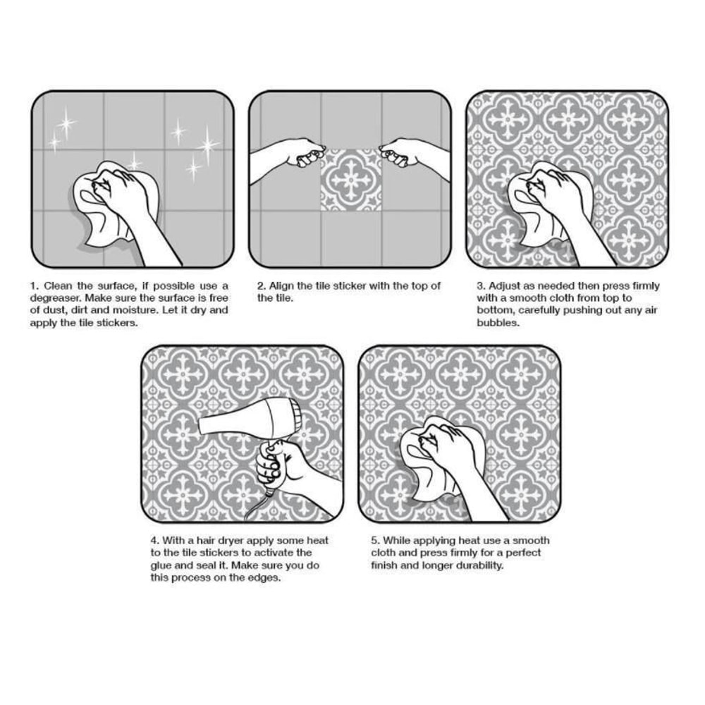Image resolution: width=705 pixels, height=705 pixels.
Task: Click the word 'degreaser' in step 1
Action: pos(56,298)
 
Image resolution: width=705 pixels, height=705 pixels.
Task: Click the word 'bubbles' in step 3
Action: pos(498,323)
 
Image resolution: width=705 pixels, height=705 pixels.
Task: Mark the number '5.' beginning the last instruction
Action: pos(376,541)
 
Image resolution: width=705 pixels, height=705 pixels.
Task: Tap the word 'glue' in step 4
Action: pos(159,565)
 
